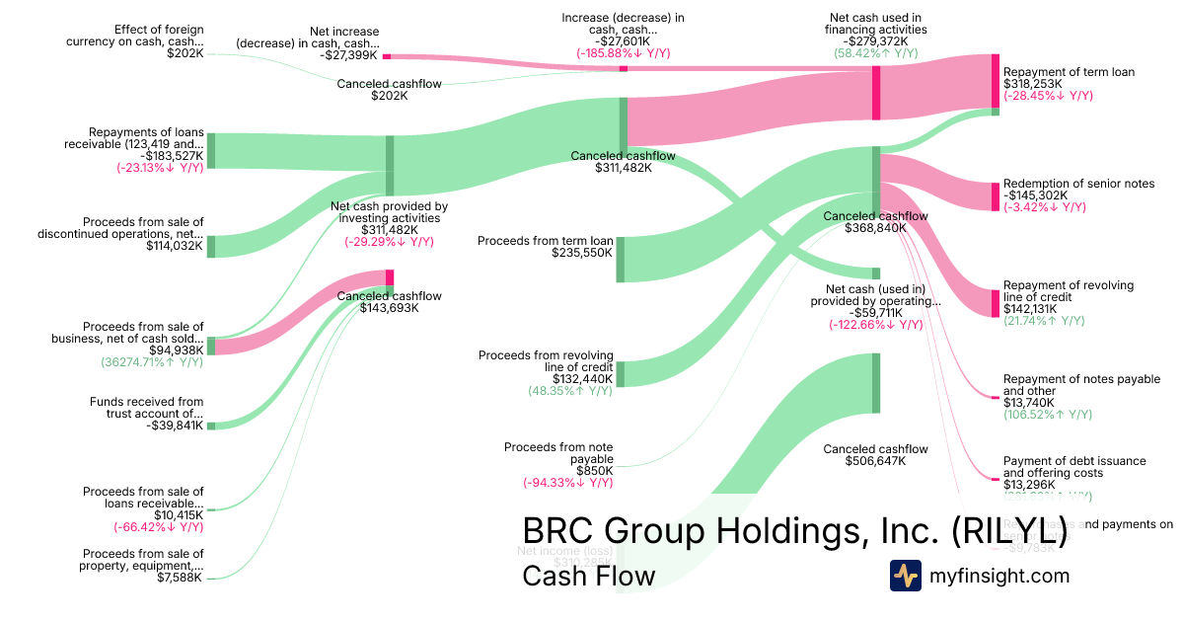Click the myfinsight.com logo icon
(x=905, y=576)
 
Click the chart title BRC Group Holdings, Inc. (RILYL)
(x=793, y=531)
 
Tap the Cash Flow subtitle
(x=588, y=576)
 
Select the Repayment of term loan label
(x=1069, y=72)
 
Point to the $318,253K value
(x=1033, y=84)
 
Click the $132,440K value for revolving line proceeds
(x=583, y=379)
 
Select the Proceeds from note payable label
(x=558, y=453)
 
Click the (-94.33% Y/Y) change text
(x=567, y=483)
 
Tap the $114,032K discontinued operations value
(x=175, y=246)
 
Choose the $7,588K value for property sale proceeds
(x=180, y=577)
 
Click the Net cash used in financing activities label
(x=875, y=24)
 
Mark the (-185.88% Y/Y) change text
(x=624, y=52)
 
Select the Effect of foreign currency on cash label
(x=135, y=36)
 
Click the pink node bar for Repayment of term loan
(x=996, y=81)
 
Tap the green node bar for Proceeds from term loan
(x=621, y=259)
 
